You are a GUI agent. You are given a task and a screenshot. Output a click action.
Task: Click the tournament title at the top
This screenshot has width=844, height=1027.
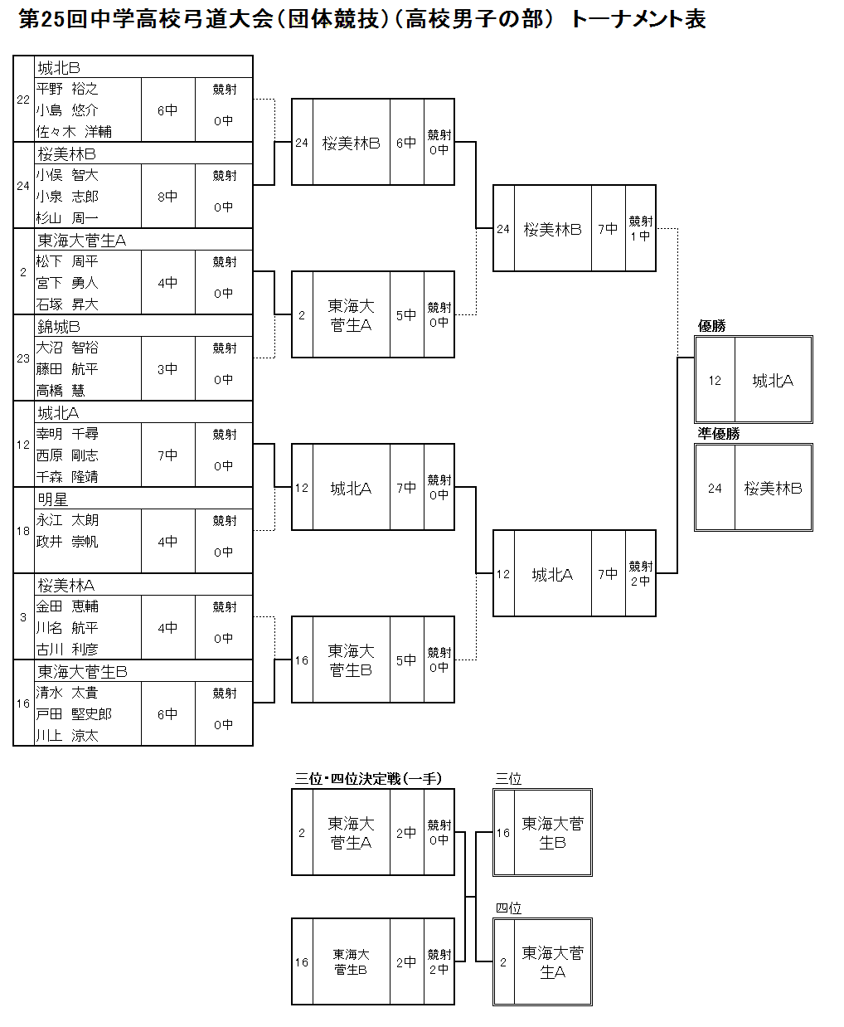362,19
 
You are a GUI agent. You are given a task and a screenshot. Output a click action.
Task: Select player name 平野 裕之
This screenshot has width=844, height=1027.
67,89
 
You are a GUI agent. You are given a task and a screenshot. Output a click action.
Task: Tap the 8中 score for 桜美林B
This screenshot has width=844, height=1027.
167,197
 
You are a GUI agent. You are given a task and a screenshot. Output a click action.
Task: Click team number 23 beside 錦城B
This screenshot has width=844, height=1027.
23,358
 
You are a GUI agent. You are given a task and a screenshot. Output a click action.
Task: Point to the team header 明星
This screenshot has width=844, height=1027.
53,499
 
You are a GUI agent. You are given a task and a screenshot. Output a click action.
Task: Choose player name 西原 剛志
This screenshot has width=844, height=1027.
67,455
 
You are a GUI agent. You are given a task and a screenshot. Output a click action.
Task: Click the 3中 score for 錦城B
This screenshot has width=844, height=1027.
167,369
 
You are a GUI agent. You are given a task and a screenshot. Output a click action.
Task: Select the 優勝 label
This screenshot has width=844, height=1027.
711,326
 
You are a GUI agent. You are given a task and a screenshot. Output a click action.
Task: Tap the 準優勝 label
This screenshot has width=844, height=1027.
718,434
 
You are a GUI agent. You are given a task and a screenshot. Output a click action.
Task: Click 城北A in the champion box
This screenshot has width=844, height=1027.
773,381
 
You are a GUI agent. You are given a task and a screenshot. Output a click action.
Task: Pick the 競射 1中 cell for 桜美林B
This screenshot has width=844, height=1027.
640,228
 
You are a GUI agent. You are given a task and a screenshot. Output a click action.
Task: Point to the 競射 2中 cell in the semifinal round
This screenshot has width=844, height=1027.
640,573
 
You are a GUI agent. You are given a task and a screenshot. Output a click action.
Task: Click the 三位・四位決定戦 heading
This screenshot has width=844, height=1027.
368,779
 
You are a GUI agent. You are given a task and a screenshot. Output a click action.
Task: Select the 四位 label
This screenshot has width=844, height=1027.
508,908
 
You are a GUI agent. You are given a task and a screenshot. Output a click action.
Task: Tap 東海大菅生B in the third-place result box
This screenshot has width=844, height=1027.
552,833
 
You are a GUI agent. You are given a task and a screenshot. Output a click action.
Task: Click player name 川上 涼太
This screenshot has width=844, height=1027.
67,736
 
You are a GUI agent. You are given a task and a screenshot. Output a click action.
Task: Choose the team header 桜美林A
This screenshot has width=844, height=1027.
66,586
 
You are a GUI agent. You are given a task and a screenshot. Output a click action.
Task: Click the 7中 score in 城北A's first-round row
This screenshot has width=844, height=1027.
167,455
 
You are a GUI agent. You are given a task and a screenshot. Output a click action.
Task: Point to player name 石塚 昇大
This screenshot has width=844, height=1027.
67,304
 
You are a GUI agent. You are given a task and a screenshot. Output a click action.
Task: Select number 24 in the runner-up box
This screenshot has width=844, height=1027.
715,489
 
